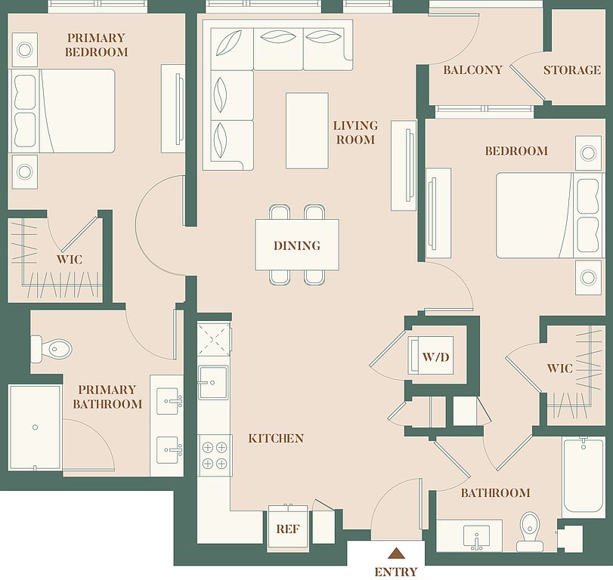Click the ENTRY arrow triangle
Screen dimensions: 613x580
[x=396, y=553]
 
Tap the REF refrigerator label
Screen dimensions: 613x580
[x=288, y=529]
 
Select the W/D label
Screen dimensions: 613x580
[x=436, y=356]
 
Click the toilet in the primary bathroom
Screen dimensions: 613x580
[x=51, y=348]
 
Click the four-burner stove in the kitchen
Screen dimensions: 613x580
[x=215, y=455]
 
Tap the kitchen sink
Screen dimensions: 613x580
[x=213, y=383]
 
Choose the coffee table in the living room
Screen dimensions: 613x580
[x=307, y=131]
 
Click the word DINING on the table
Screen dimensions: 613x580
[x=297, y=245]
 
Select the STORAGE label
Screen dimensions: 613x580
[x=572, y=70]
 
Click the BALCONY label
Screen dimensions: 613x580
[x=472, y=70]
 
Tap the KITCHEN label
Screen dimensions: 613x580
[x=276, y=438]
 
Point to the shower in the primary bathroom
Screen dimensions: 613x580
[x=36, y=427]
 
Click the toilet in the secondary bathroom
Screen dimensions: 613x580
[x=530, y=531]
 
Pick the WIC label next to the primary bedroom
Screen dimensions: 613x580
[x=70, y=259]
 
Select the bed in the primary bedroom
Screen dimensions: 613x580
[x=62, y=111]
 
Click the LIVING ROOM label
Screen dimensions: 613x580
[x=355, y=132]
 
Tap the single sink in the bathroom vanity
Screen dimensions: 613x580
[x=476, y=536]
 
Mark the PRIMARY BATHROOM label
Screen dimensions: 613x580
[x=107, y=396]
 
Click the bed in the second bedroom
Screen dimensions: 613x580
[x=549, y=215]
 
